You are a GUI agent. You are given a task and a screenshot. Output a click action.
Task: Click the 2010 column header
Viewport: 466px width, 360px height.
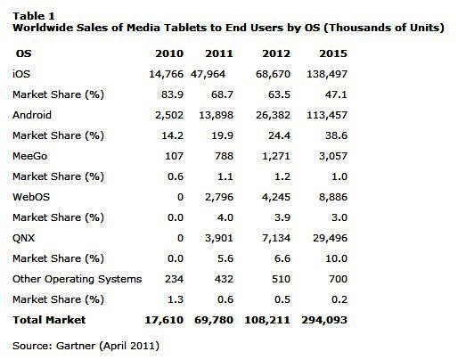pyautogui.click(x=169, y=53)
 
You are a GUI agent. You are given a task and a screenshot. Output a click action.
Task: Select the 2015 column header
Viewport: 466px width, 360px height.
pyautogui.click(x=333, y=53)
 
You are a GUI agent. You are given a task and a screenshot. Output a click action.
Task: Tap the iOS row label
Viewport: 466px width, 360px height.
pyautogui.click(x=21, y=74)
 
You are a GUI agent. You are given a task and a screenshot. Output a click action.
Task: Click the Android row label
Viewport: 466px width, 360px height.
pyautogui.click(x=32, y=115)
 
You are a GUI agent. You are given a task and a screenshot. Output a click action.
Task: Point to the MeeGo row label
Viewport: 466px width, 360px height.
pyautogui.click(x=29, y=156)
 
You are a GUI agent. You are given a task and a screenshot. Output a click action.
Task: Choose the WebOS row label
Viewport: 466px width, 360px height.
pyautogui.click(x=31, y=197)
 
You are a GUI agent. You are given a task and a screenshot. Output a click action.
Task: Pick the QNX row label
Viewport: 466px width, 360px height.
pyautogui.click(x=23, y=238)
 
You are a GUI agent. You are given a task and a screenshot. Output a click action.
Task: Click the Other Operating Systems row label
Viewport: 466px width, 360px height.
pyautogui.click(x=77, y=279)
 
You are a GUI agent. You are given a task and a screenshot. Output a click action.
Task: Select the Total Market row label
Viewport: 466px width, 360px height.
pyautogui.click(x=49, y=320)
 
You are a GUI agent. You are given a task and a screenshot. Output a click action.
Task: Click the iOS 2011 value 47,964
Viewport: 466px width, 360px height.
pyautogui.click(x=208, y=74)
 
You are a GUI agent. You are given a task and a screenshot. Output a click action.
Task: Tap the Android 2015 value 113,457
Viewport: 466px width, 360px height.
pyautogui.click(x=327, y=115)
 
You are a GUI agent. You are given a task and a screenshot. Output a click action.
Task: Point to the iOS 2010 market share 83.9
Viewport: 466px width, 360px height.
pyautogui.click(x=172, y=94)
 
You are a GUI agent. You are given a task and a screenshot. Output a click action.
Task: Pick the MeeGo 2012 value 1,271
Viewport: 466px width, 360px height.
pyautogui.click(x=276, y=156)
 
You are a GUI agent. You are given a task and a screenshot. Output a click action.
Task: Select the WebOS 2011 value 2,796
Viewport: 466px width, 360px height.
pyautogui.click(x=219, y=197)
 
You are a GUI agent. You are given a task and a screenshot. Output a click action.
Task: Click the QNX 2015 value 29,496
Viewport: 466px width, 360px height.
pyautogui.click(x=330, y=238)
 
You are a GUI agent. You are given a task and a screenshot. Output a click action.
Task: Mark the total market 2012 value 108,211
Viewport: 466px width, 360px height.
pyautogui.click(x=267, y=320)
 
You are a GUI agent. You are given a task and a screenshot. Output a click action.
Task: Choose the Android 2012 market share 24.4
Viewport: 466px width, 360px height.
pyautogui.click(x=279, y=135)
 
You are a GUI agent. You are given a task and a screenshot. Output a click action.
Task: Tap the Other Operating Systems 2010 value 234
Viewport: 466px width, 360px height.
pyautogui.click(x=174, y=279)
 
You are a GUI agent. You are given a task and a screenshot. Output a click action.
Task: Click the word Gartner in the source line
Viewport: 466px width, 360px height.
pyautogui.click(x=76, y=346)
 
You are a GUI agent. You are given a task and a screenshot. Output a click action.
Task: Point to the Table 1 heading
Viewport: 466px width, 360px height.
pyautogui.click(x=33, y=16)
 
